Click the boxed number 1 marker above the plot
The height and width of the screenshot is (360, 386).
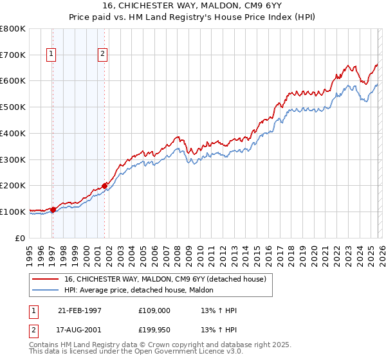(x=51, y=55)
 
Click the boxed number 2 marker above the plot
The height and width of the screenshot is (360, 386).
(x=102, y=55)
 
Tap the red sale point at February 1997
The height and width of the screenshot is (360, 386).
(x=53, y=209)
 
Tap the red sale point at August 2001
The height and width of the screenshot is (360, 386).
(x=104, y=185)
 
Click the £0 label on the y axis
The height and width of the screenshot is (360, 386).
(x=21, y=238)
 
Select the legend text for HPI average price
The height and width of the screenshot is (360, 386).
(x=143, y=291)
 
